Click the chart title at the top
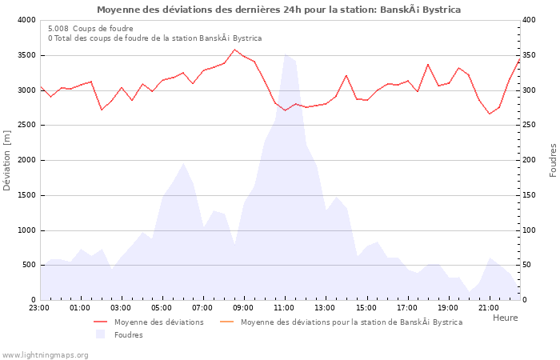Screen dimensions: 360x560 pos(278,10)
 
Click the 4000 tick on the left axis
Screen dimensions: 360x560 pos(26,20)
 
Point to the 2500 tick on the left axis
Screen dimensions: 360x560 pos(26,126)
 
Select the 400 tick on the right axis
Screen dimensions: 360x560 pos(530,20)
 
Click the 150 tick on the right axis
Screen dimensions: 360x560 pos(530,195)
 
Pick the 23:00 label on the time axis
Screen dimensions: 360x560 pos(39,307)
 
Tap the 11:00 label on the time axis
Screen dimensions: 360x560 pos(284,307)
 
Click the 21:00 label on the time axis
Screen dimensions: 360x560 pos(488,307)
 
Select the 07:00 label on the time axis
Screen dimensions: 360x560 pos(202,307)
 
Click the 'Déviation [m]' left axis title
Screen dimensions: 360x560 pos(8,160)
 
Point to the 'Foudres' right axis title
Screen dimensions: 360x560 pos(553,160)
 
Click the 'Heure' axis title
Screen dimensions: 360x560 pos(505,318)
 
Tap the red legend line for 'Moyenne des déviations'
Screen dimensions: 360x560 pos(100,322)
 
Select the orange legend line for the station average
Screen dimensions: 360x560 pos(226,322)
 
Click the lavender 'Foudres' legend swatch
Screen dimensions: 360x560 pos(100,334)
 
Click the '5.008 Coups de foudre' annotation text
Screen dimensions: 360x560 pos(90,29)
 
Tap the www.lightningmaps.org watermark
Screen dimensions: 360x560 pos(45,354)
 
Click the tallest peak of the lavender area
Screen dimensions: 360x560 pos(285,54)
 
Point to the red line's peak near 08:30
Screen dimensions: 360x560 pos(234,50)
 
